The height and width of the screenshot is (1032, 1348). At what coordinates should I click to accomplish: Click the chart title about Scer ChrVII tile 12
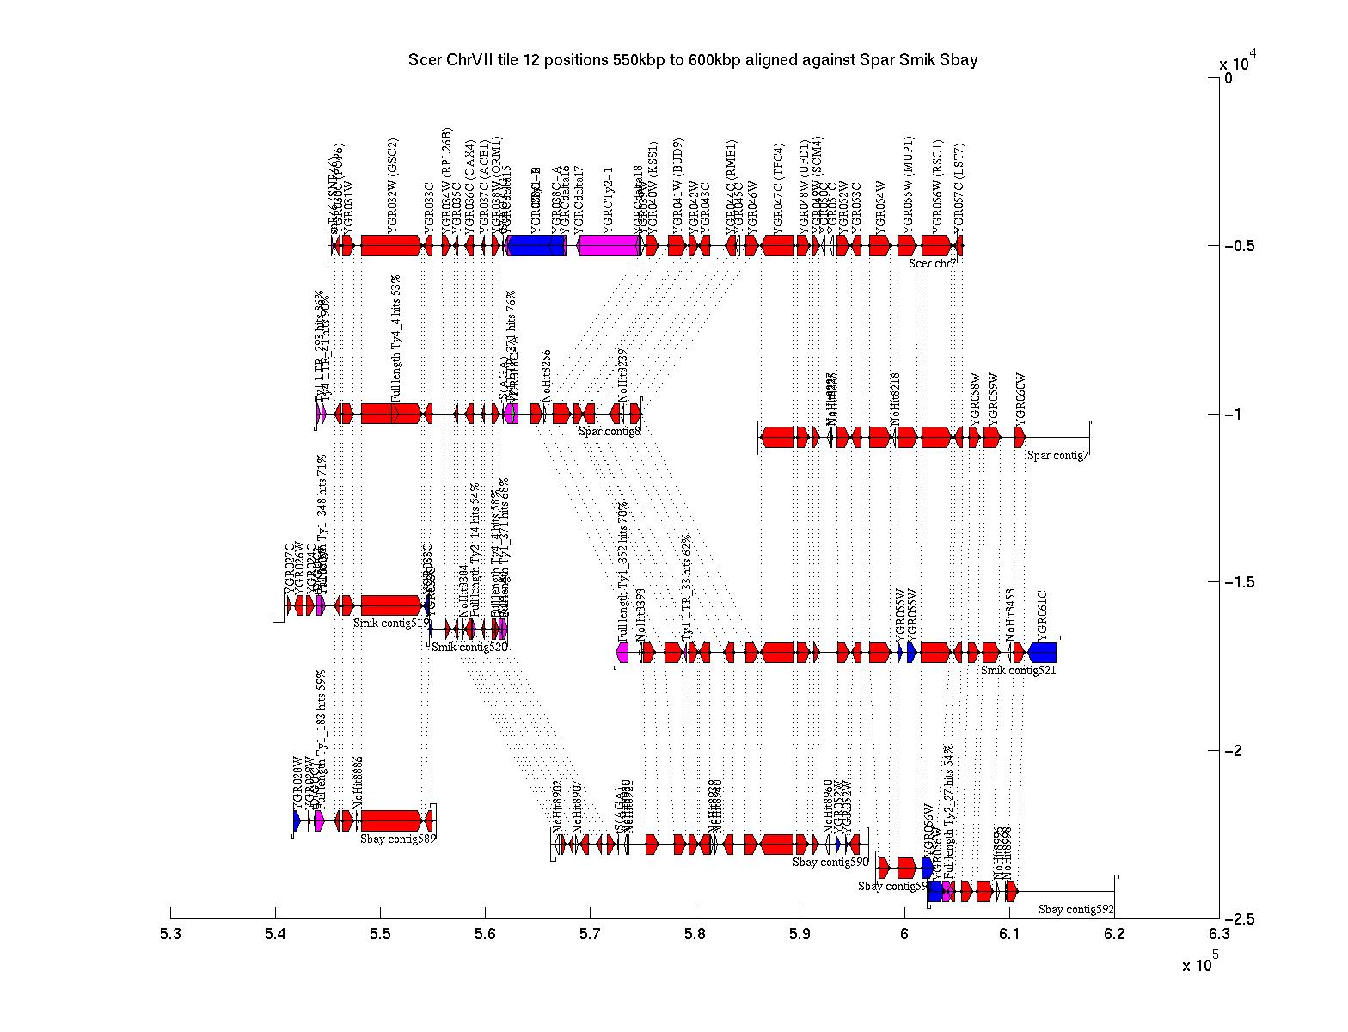coord(692,60)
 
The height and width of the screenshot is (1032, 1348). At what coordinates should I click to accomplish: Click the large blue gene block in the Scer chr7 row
coord(536,246)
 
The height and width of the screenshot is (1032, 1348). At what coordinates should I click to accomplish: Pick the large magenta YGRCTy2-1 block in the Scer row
coord(609,246)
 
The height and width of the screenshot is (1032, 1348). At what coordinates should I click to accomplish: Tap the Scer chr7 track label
coord(933,264)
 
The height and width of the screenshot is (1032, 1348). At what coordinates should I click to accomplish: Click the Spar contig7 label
coord(1057,456)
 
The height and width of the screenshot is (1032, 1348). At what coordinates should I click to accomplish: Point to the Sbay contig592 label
coord(1075,909)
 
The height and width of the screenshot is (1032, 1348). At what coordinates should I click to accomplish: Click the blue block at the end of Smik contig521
coord(1043,653)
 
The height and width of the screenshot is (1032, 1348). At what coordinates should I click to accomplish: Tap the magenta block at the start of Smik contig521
coord(622,653)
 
